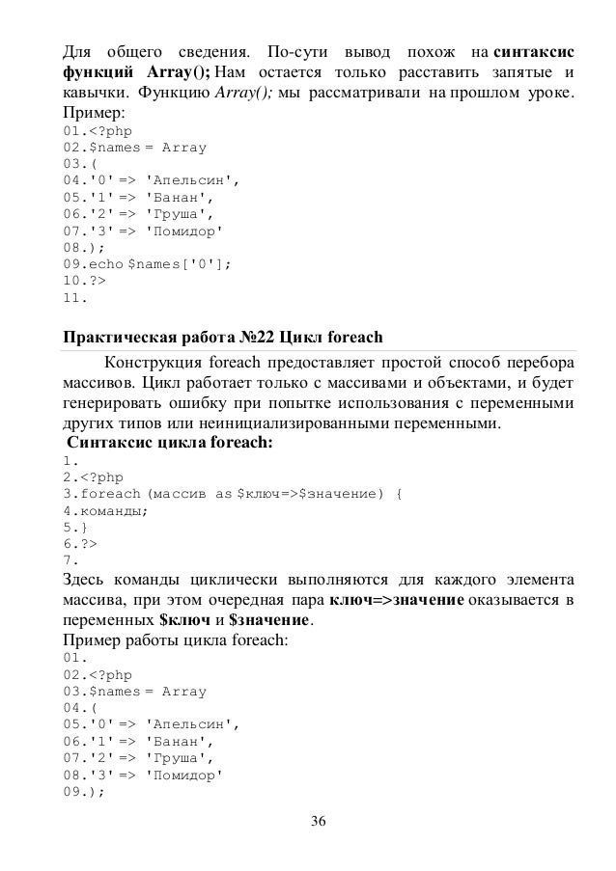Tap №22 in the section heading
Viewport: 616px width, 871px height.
point(257,338)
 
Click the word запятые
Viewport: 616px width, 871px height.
point(525,72)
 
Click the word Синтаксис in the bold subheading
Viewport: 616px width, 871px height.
point(108,443)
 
